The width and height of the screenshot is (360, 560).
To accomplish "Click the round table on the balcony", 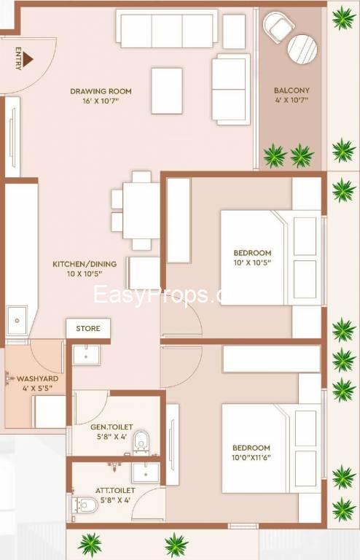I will tap(302, 49).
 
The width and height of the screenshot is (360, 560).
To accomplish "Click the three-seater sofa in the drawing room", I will tap(167, 29).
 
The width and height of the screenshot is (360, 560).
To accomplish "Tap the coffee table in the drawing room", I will tap(167, 90).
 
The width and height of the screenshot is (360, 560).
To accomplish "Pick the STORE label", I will tap(88, 329).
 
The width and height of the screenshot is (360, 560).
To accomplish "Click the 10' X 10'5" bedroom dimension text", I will tap(251, 265).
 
